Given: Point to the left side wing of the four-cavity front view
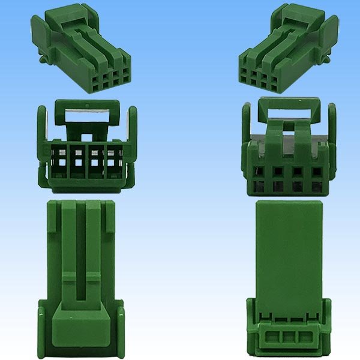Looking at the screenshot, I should click(x=42, y=129).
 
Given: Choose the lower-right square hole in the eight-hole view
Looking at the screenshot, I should click(x=316, y=187).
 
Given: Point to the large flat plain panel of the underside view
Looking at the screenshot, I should click(x=289, y=246).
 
